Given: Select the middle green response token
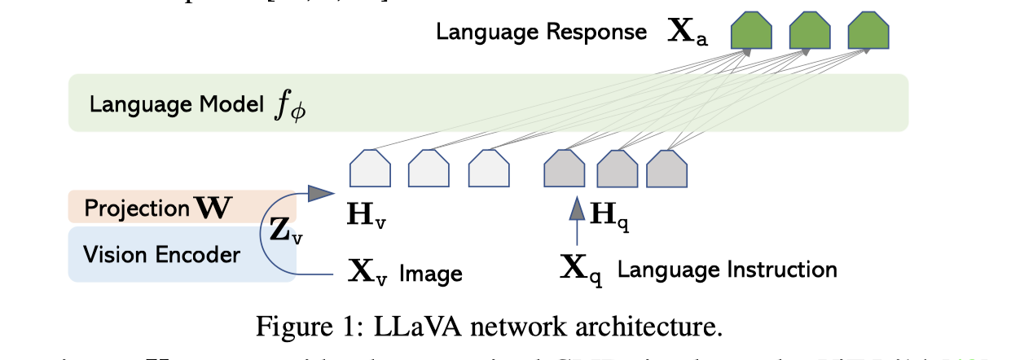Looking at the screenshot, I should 809,34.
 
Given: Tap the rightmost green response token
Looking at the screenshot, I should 868,34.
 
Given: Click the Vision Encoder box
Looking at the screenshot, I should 163,254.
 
